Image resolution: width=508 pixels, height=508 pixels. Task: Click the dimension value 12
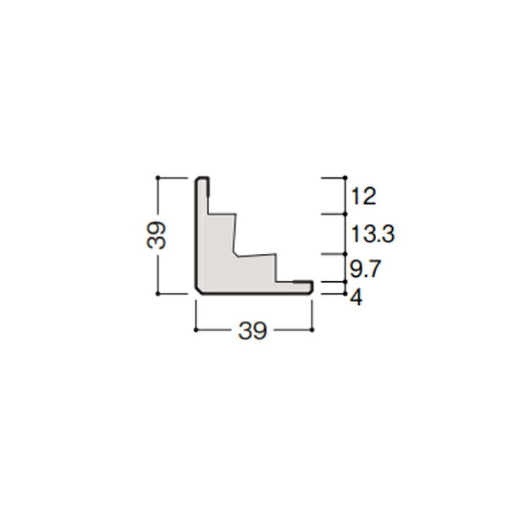point(363,196)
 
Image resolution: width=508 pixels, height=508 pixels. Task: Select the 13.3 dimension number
point(373,234)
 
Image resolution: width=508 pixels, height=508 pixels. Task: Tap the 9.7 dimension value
point(365,268)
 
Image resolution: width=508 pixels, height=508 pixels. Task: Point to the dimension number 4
point(356,297)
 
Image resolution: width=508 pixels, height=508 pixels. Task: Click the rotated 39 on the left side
point(156,235)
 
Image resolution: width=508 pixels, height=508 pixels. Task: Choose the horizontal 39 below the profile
point(252,330)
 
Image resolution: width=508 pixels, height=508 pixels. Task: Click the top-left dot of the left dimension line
point(157,178)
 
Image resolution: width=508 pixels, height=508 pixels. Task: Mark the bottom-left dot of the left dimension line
point(157,294)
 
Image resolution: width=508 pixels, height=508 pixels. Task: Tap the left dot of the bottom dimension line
point(196,330)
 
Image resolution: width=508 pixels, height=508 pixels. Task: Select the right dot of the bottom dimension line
point(312,330)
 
